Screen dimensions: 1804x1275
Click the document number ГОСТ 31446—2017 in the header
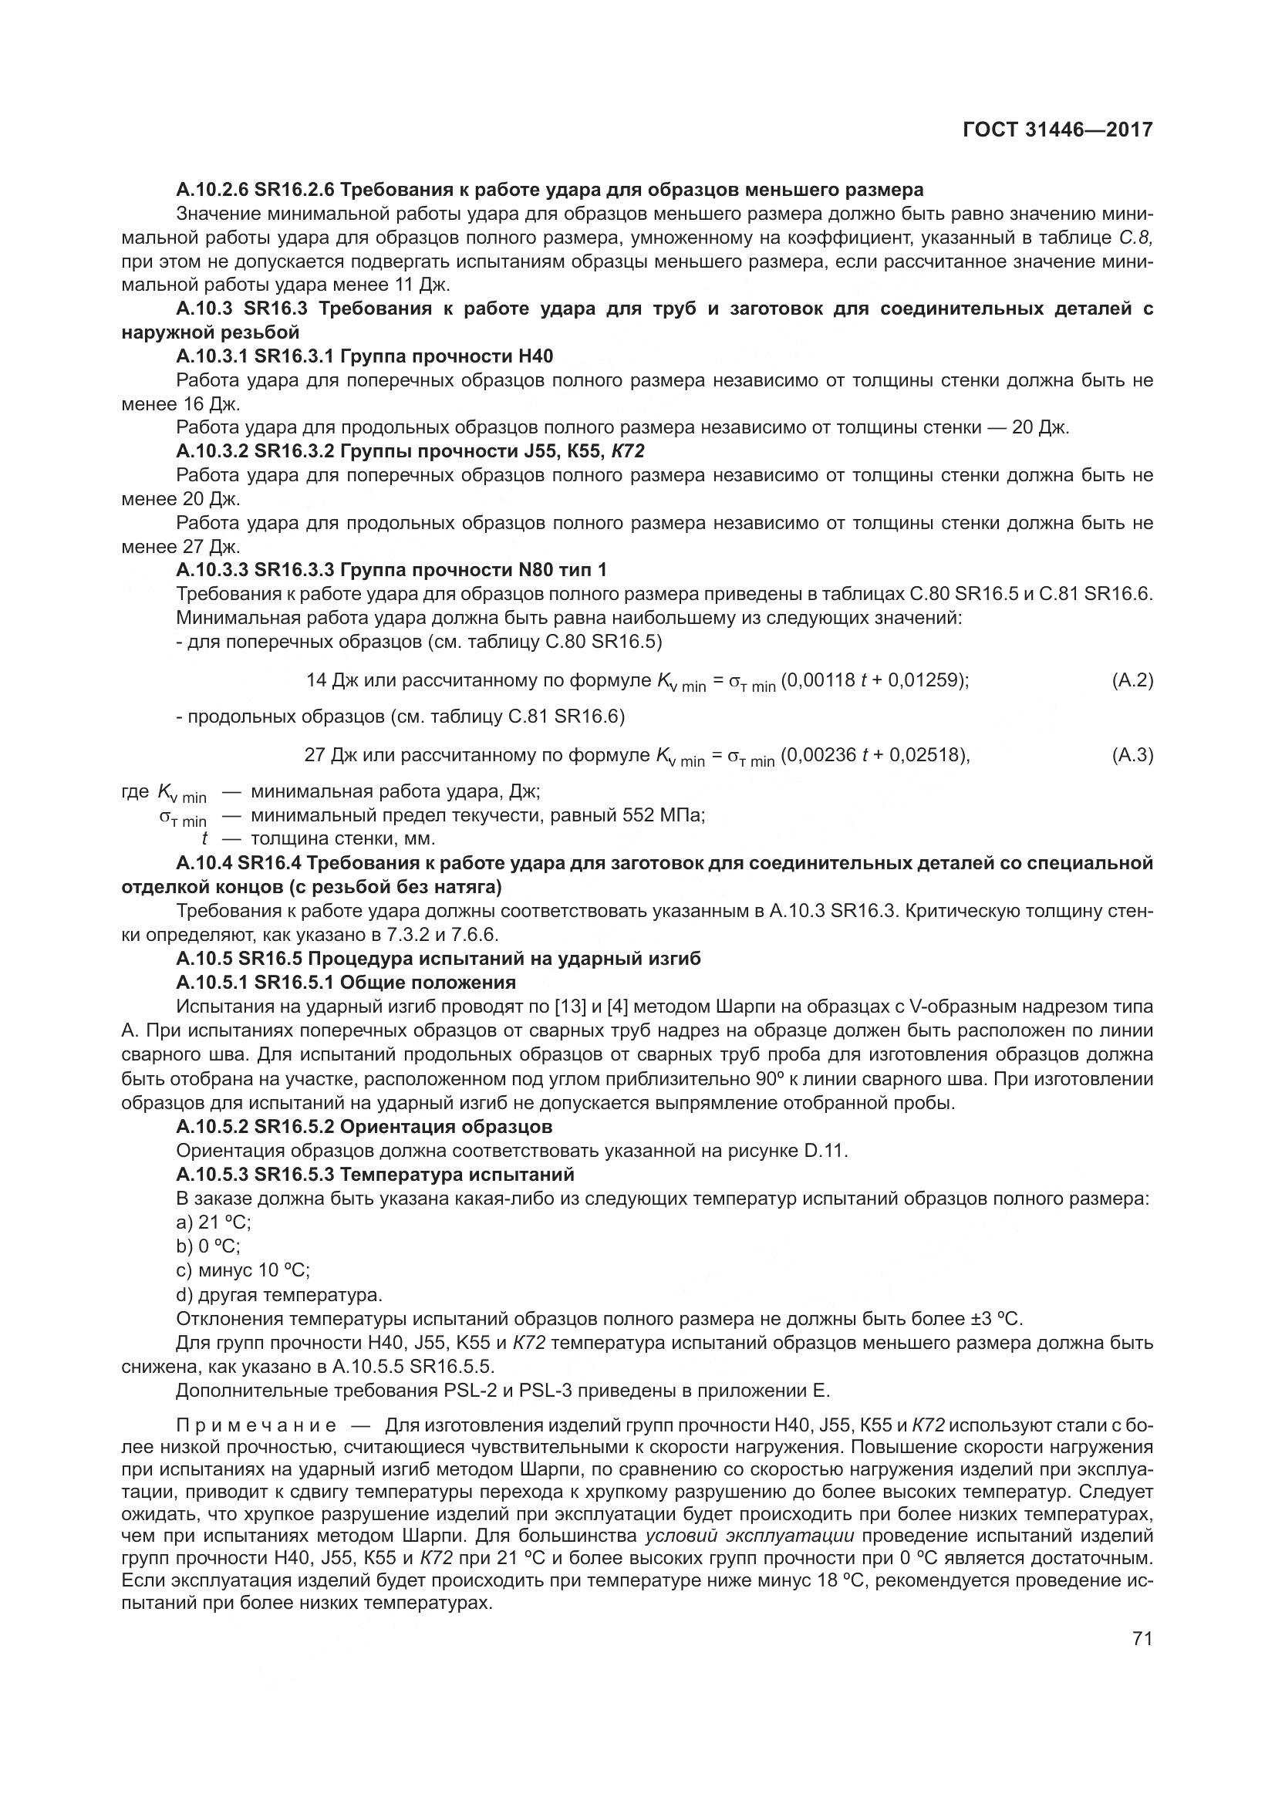1057,130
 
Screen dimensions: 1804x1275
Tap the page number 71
1142,1638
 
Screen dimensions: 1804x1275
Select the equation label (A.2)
1132,680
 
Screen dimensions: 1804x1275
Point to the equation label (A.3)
1132,756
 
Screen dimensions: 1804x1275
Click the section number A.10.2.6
211,190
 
